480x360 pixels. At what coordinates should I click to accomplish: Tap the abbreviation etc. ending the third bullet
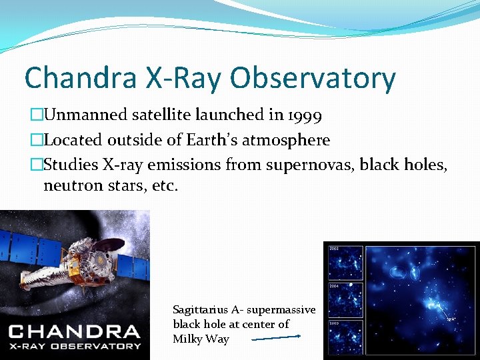[165, 185]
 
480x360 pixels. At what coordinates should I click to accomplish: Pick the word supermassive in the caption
[282, 310]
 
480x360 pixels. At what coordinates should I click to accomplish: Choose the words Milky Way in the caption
[201, 339]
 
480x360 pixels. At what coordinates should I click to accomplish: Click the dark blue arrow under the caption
[276, 338]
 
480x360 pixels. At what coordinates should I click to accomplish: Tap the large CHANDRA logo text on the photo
[75, 331]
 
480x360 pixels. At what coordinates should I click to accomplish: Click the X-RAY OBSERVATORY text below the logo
[75, 346]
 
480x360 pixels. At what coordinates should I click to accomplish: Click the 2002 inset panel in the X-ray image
[345, 262]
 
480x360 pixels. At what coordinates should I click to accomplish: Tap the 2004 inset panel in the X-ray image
[345, 299]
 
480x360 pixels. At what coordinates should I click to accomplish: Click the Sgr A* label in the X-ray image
[451, 319]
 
